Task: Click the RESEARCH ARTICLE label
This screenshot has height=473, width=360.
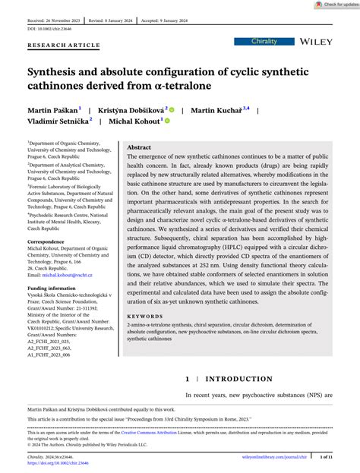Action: point(64,45)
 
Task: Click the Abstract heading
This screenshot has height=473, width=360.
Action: point(139,147)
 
